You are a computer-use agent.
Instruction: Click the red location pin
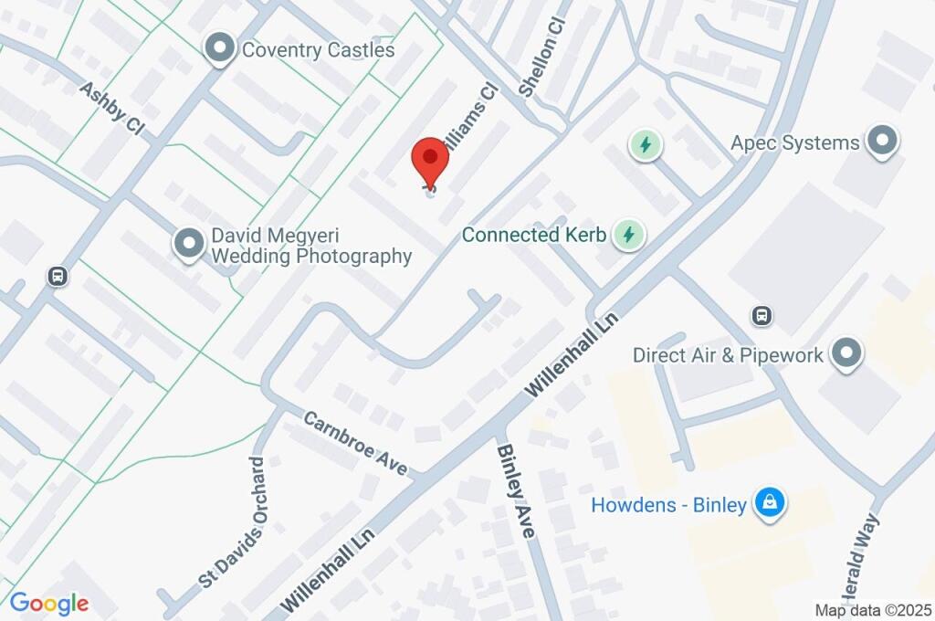point(431,161)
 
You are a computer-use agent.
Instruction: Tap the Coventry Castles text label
point(318,49)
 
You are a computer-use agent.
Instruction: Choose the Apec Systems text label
point(795,143)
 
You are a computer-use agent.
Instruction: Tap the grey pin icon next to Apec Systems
point(882,142)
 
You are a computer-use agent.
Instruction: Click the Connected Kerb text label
point(534,235)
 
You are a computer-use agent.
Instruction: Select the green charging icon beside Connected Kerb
point(628,235)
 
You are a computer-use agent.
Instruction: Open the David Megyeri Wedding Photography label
point(311,246)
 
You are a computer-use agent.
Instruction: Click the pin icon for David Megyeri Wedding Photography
point(189,244)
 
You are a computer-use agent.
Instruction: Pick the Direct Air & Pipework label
point(728,355)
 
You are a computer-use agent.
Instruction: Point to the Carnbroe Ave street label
point(355,443)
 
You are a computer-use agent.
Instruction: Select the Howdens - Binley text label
point(668,505)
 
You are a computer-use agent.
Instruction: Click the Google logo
point(49,603)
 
